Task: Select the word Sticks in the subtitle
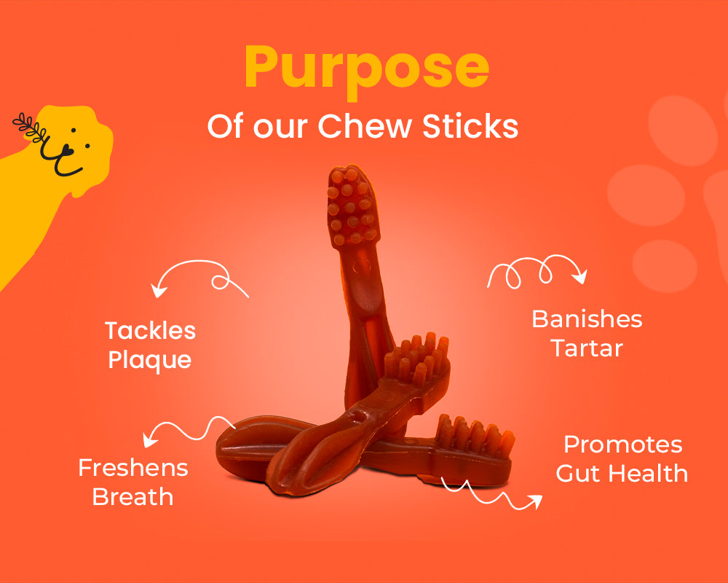470,125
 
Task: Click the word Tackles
151,331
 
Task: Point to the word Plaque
150,360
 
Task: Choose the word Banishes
587,319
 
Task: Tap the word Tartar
587,348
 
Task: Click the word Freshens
133,468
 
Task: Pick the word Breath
132,496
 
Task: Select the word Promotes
623,445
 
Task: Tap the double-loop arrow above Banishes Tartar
537,270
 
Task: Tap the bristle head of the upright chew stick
352,207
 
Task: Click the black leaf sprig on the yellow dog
30,127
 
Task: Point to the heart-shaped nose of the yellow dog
66,149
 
